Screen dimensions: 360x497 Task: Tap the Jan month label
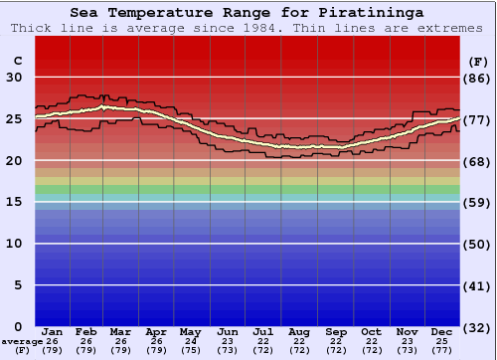[54, 331]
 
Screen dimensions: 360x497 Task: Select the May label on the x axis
[191, 331]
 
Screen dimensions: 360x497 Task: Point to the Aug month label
[298, 331]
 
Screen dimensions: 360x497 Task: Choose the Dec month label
[443, 331]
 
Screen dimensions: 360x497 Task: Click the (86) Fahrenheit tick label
[477, 78]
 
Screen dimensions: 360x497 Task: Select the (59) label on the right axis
[477, 202]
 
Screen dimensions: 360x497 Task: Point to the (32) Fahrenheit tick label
[477, 327]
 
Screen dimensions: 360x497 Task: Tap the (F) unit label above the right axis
[477, 61]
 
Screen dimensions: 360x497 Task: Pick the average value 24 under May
[191, 341]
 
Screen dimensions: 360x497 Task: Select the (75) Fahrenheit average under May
[191, 350]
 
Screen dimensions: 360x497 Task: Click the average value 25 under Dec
[443, 341]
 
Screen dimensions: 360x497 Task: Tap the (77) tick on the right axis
[477, 119]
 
